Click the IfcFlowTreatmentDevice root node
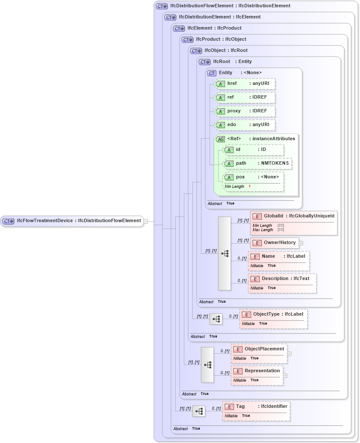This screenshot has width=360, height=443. pyautogui.click(x=72, y=221)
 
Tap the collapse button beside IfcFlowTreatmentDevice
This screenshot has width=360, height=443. pyautogui.click(x=146, y=221)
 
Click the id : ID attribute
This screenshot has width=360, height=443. pyautogui.click(x=254, y=150)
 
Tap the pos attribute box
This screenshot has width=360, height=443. pyautogui.click(x=254, y=177)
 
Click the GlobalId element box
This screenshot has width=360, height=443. pyautogui.click(x=294, y=216)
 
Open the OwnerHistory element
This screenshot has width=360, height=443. pyautogui.click(x=275, y=243)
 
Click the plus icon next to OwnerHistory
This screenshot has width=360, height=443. pyautogui.click(x=301, y=243)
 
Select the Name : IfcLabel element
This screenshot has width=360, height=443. pyautogui.click(x=279, y=256)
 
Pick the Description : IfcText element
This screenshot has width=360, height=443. pyautogui.click(x=282, y=279)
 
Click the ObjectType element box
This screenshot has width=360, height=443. pyautogui.click(x=273, y=314)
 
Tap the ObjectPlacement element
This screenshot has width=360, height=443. pyautogui.click(x=259, y=349)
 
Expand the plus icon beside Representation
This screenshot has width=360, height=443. pyautogui.click(x=285, y=376)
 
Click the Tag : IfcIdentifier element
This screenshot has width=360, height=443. pyautogui.click(x=256, y=406)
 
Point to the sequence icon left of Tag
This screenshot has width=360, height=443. pyautogui.click(x=199, y=411)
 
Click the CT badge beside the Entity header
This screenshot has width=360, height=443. pyautogui.click(x=212, y=73)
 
